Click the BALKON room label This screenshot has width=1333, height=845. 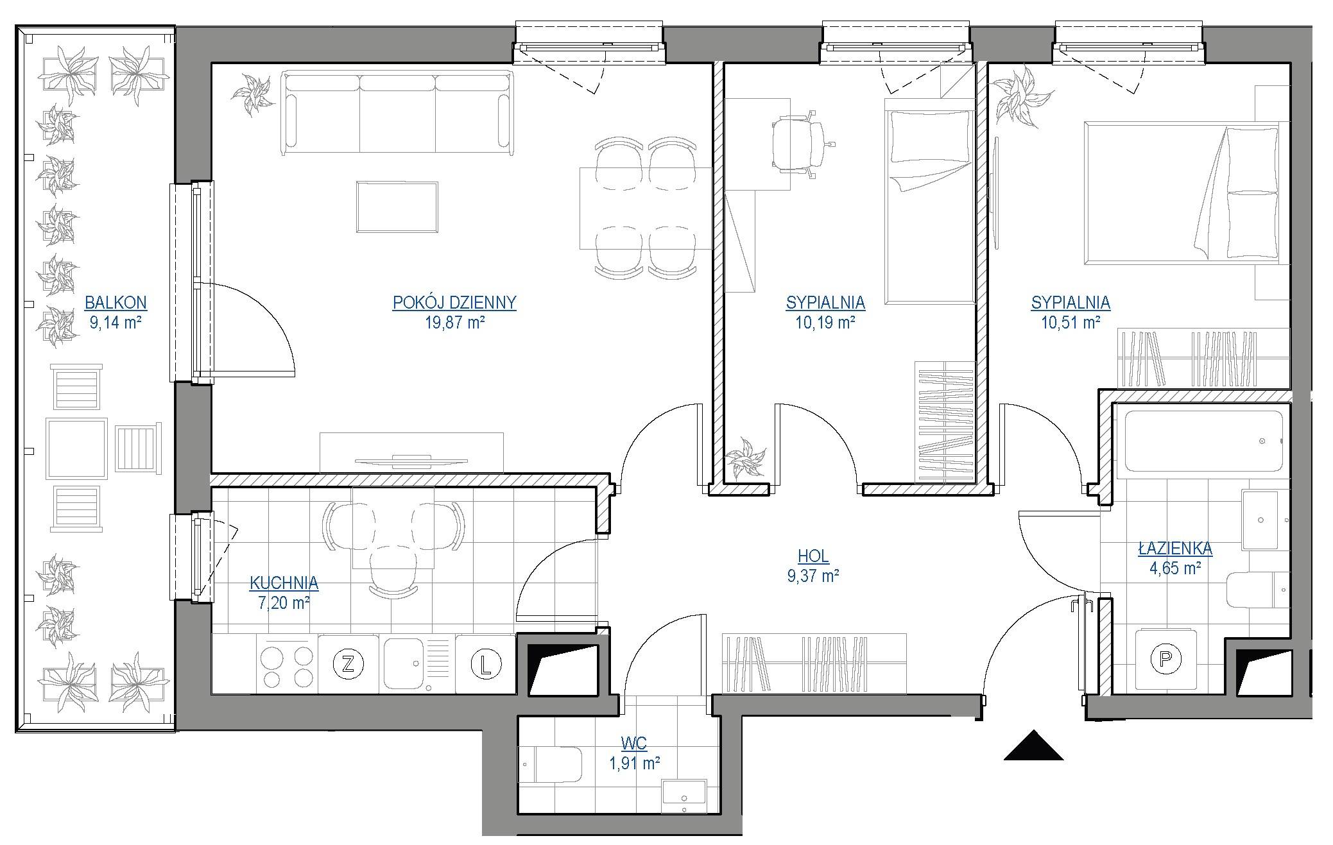coord(116,302)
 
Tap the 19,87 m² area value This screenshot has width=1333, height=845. coord(454,322)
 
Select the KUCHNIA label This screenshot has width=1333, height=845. coord(284,583)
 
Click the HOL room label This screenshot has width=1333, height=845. coord(813,556)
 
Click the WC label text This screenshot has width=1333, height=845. coord(634,744)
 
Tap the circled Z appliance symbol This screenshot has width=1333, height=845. coord(348,663)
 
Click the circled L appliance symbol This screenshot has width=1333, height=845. coord(486,664)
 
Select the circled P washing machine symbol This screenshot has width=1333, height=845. coord(1165,658)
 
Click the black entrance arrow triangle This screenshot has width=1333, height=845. coord(1033,746)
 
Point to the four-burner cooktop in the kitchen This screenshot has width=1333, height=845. coord(287,665)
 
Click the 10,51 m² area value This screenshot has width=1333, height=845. coord(1071,322)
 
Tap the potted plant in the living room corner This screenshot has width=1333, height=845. coord(255,94)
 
